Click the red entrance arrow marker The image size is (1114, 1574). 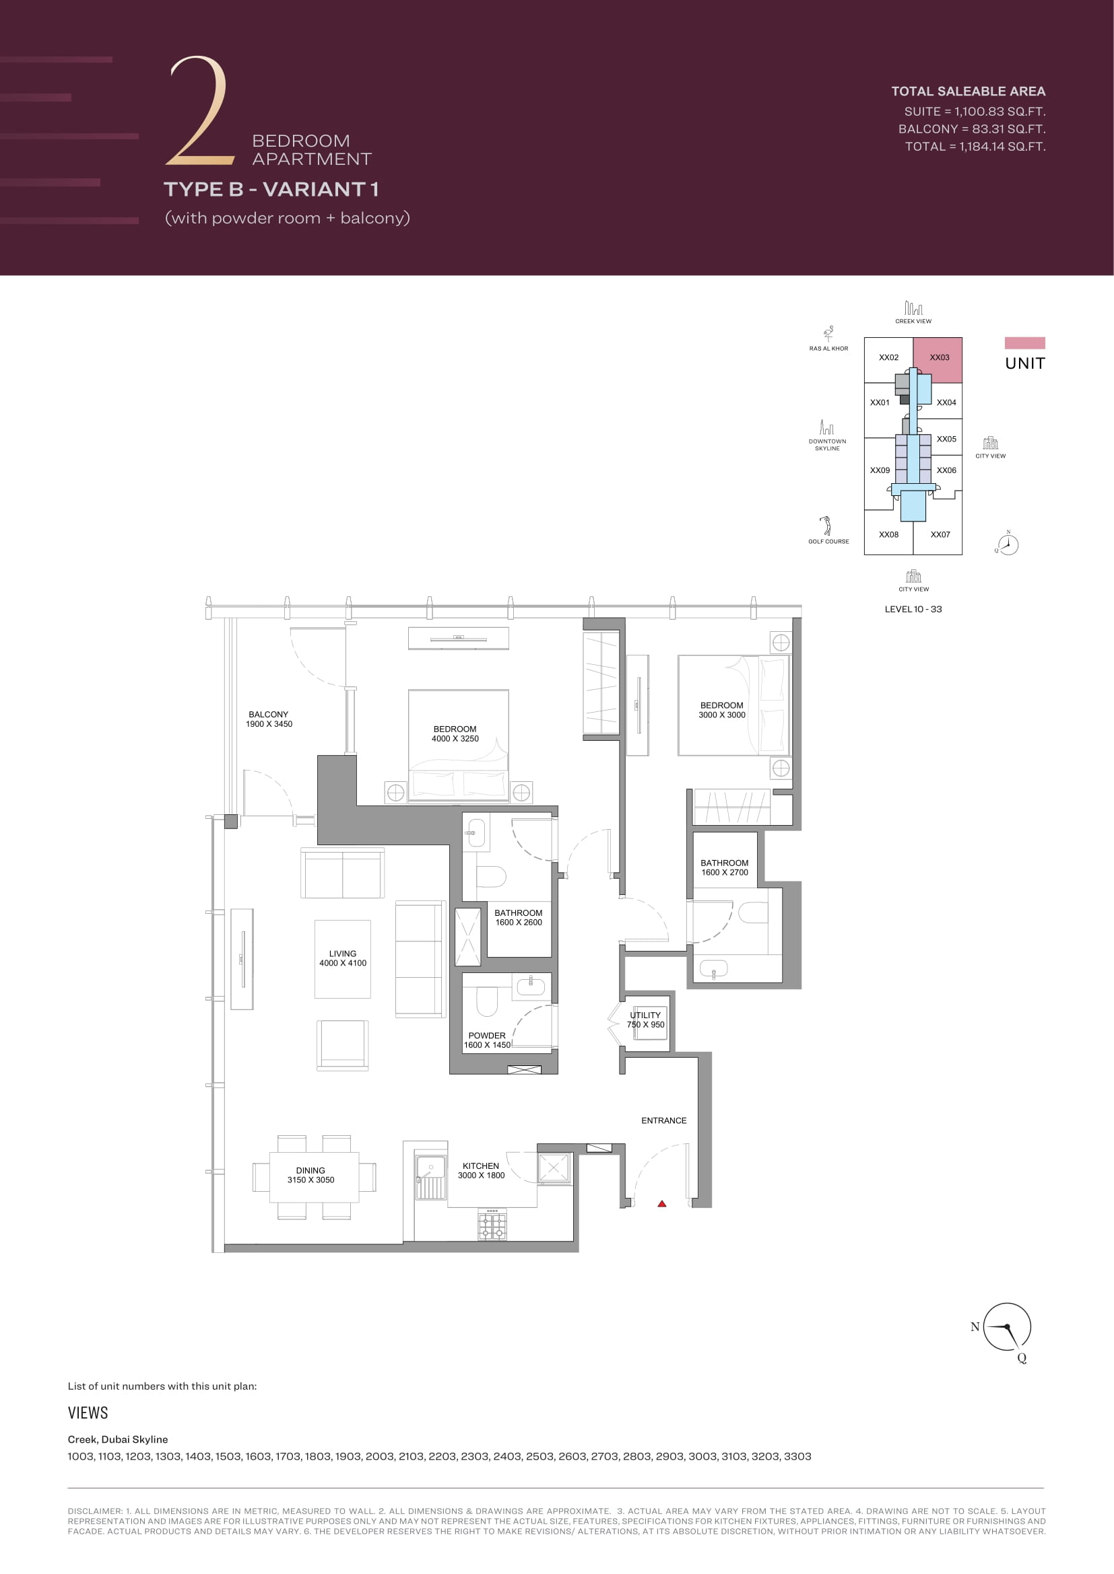point(662,1203)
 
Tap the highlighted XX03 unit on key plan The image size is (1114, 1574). point(938,359)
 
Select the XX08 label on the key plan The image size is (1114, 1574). point(888,534)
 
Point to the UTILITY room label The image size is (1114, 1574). point(645,1015)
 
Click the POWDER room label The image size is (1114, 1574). point(487,1035)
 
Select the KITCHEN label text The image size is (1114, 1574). point(481,1166)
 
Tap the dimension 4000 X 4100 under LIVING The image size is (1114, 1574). point(343,963)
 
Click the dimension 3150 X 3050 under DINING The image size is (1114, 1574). point(310,1180)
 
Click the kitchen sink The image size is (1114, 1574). point(431,1178)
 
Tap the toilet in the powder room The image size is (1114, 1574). point(486,1001)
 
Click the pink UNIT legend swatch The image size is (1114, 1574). point(1025,343)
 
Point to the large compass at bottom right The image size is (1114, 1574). point(1007,1327)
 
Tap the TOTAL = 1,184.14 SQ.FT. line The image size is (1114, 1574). point(975,146)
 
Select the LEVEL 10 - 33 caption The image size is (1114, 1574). point(913,609)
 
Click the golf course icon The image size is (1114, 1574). point(827,526)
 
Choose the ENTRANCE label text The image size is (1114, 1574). point(664,1120)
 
